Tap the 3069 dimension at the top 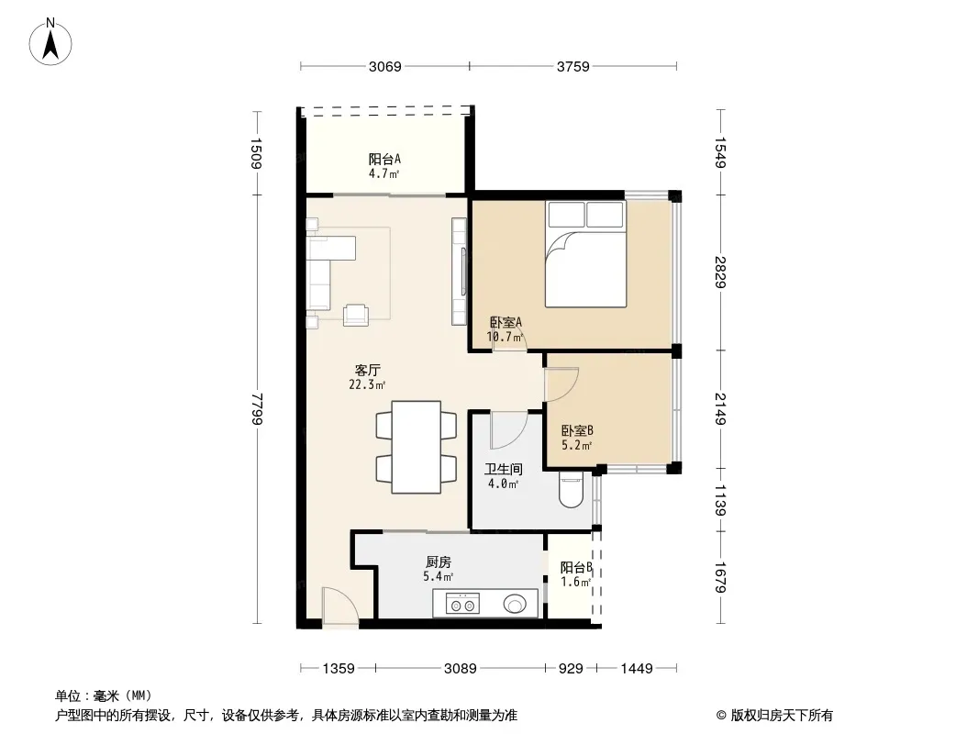click(384, 67)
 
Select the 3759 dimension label click(572, 67)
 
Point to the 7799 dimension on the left click(256, 408)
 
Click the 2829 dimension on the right click(720, 272)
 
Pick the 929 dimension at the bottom click(571, 669)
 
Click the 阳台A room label click(384, 160)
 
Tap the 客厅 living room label click(367, 371)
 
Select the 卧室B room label click(577, 430)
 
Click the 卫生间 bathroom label click(504, 469)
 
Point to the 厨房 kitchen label click(439, 562)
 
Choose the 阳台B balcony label click(575, 568)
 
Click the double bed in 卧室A click(585, 254)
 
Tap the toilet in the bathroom click(571, 490)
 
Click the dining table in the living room click(416, 447)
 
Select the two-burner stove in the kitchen click(462, 604)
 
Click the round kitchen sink click(516, 604)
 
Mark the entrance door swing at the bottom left click(339, 606)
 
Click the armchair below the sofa click(356, 315)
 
